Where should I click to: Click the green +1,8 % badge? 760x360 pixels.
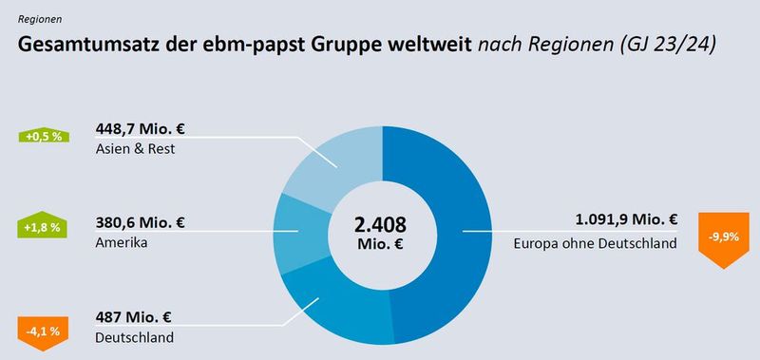(43, 228)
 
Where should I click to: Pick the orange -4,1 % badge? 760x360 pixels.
(43, 332)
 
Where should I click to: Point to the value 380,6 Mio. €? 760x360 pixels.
(141, 224)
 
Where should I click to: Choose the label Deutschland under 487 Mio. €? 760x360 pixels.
(134, 338)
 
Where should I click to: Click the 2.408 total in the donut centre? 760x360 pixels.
(380, 226)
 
